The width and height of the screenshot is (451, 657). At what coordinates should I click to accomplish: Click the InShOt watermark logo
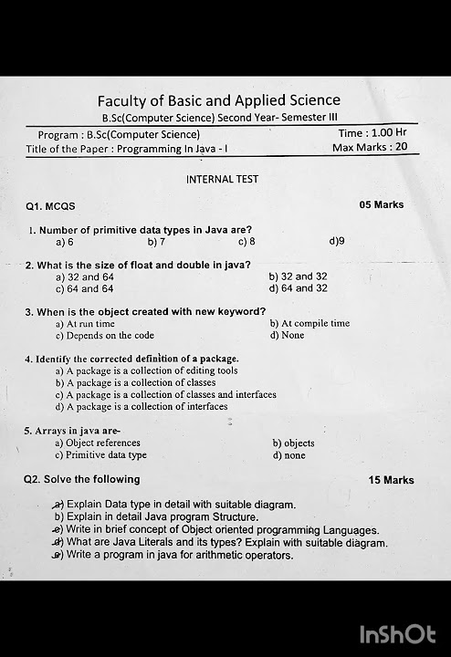pos(397,634)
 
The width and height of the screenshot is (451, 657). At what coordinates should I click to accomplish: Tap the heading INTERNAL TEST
pos(222,179)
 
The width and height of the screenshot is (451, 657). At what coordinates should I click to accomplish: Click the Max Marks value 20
pos(401,147)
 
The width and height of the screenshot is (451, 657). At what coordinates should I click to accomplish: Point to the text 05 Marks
pos(382,204)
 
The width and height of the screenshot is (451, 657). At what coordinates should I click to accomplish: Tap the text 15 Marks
pos(391,480)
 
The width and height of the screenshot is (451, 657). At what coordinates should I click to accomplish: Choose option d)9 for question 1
pos(336,242)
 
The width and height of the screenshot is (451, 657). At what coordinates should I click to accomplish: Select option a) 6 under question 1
pos(64,242)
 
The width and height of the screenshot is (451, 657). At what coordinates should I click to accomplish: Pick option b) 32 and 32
pos(299,276)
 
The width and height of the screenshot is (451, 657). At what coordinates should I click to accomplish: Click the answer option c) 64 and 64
pos(84,288)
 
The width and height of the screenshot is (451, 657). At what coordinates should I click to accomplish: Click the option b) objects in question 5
pos(293,443)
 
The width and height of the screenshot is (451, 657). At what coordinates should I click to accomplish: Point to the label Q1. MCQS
pos(50,206)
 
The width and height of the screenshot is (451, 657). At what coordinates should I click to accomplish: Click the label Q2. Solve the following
pos(82,479)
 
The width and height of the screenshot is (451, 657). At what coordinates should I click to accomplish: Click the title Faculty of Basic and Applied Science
pos(219,100)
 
